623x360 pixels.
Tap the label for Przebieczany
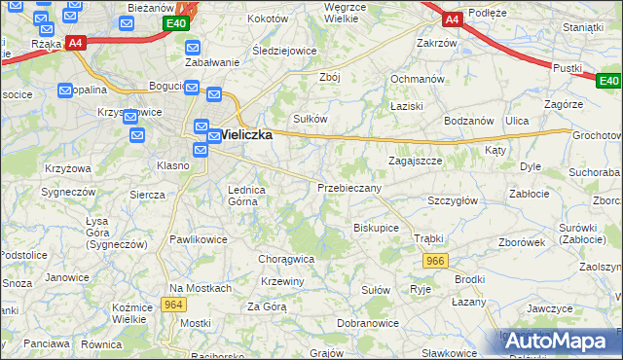click(349, 187)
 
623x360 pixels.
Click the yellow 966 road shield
click(435, 261)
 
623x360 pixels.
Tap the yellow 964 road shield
click(173, 305)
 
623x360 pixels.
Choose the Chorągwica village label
click(285, 260)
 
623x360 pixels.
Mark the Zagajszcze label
click(416, 161)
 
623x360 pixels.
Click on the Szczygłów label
click(452, 199)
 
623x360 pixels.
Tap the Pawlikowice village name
click(199, 238)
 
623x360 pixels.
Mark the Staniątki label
click(583, 27)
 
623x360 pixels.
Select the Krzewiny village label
click(282, 281)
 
